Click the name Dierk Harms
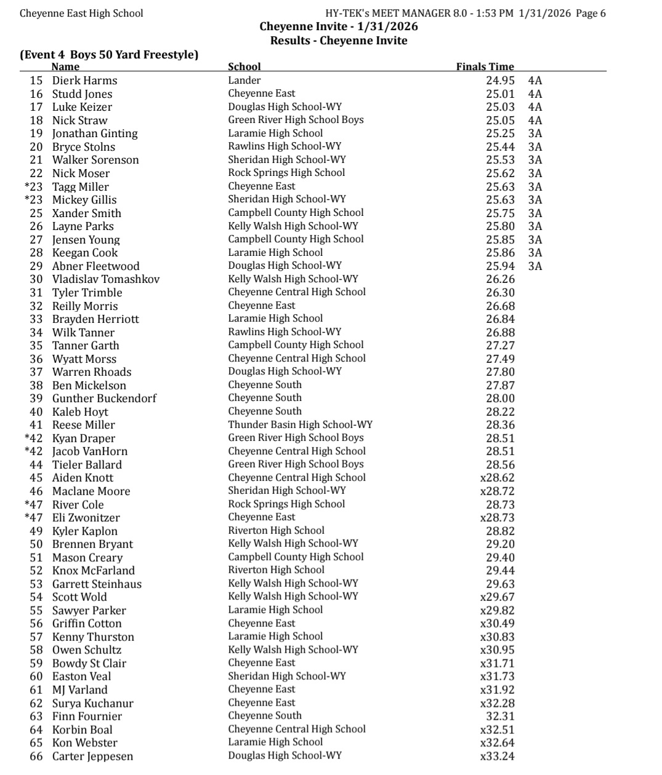click(84, 81)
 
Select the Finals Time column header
click(485, 66)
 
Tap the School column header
click(244, 66)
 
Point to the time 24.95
click(500, 81)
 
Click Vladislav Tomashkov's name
click(106, 279)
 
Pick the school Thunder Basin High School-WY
click(300, 424)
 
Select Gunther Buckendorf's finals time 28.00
click(500, 399)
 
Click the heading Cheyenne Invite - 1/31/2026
click(339, 26)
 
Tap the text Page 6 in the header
click(591, 13)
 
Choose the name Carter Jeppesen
click(92, 756)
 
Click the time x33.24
click(497, 756)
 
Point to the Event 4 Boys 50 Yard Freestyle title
click(109, 54)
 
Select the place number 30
click(36, 279)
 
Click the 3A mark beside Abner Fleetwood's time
click(535, 266)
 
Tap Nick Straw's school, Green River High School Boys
click(296, 120)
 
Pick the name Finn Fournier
click(87, 716)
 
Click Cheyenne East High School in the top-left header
click(81, 13)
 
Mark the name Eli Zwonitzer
click(86, 518)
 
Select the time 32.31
click(500, 716)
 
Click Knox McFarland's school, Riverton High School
click(276, 570)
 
